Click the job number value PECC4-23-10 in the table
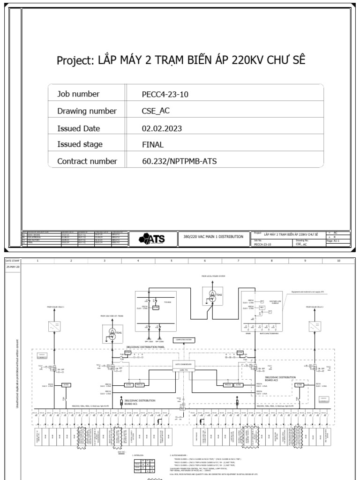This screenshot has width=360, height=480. pyautogui.click(x=165, y=94)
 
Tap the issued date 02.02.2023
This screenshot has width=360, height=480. pyautogui.click(x=162, y=128)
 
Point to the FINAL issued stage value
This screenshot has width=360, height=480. pyautogui.click(x=153, y=144)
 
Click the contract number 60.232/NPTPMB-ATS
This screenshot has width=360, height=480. pyautogui.click(x=180, y=161)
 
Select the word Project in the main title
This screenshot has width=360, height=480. pyautogui.click(x=75, y=60)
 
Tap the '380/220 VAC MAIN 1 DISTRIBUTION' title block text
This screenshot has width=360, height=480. pyautogui.click(x=213, y=237)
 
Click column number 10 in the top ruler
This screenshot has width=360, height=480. pyautogui.click(x=338, y=260)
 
